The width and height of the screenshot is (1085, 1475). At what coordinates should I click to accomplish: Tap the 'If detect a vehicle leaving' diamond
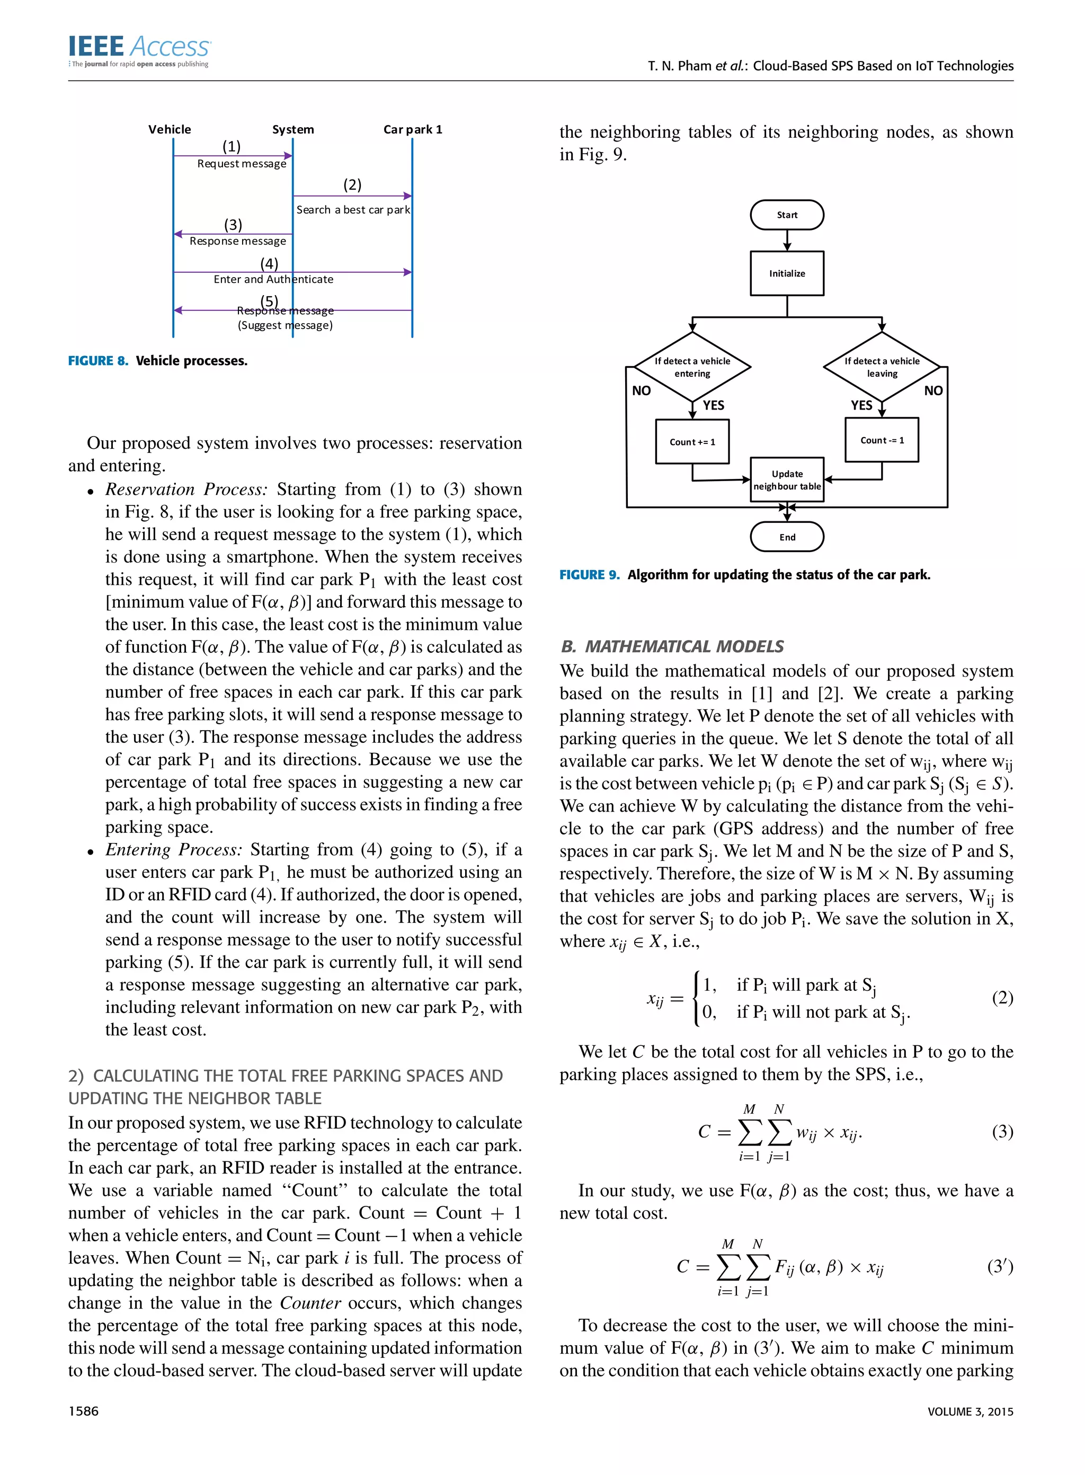[882, 367]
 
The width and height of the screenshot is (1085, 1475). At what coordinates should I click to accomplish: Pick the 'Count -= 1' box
[882, 440]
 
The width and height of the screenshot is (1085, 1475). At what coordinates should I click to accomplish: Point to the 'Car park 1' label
[413, 129]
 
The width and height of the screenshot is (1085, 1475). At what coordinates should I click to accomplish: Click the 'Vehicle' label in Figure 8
[170, 129]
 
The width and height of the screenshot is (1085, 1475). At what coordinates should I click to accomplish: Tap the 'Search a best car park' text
[353, 209]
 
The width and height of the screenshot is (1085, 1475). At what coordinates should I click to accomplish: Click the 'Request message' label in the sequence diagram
[242, 164]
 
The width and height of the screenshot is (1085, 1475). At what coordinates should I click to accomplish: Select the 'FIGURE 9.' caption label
[589, 575]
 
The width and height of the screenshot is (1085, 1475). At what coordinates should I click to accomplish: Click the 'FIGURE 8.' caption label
[98, 361]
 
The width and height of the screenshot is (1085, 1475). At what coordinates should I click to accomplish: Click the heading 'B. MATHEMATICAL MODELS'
[672, 646]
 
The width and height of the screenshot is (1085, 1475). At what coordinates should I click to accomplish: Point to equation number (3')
[1000, 1266]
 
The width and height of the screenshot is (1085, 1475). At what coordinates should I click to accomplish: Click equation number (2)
[1002, 998]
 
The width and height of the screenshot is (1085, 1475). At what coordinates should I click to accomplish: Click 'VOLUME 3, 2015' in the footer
[970, 1411]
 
